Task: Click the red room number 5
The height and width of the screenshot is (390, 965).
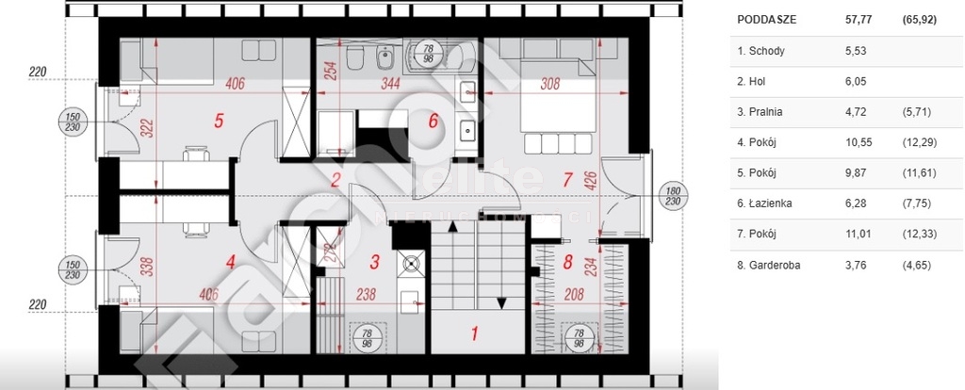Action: [219, 121]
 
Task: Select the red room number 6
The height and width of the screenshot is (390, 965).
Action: [433, 121]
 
